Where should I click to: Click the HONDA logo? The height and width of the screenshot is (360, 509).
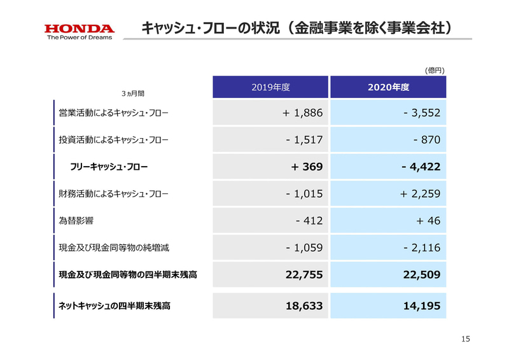click(80, 28)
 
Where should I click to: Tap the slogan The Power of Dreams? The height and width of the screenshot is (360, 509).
click(80, 38)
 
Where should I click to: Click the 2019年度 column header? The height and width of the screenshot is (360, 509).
click(270, 88)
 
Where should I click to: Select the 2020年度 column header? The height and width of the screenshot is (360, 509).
click(388, 88)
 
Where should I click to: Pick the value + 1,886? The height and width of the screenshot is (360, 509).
click(303, 113)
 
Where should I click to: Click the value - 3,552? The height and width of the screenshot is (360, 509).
click(421, 113)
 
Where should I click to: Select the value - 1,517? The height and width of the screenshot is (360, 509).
click(305, 140)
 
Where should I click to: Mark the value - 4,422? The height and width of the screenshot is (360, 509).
click(421, 167)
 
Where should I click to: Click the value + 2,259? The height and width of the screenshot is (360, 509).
click(420, 193)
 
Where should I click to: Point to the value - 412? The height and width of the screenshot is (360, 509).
click(310, 221)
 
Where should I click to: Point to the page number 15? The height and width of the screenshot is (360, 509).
click(465, 340)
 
